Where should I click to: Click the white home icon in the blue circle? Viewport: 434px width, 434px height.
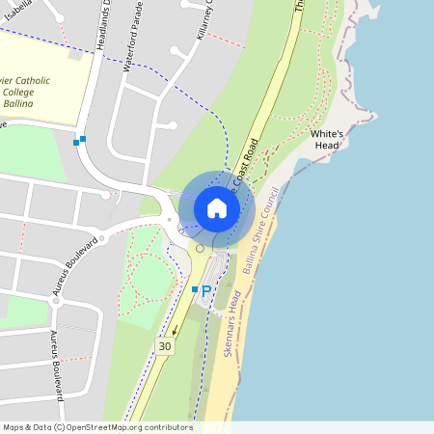tap(217, 208)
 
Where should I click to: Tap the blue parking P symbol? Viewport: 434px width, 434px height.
tap(205, 289)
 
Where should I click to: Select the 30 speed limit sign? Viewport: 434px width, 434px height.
tap(165, 346)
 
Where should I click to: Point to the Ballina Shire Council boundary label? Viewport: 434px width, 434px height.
tap(261, 231)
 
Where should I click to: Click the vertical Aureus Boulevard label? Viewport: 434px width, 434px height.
tap(56, 365)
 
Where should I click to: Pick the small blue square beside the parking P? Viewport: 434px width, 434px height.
tap(194, 289)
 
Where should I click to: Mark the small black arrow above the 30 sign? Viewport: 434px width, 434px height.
tap(176, 328)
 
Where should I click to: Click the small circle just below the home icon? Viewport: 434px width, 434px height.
tap(200, 249)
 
